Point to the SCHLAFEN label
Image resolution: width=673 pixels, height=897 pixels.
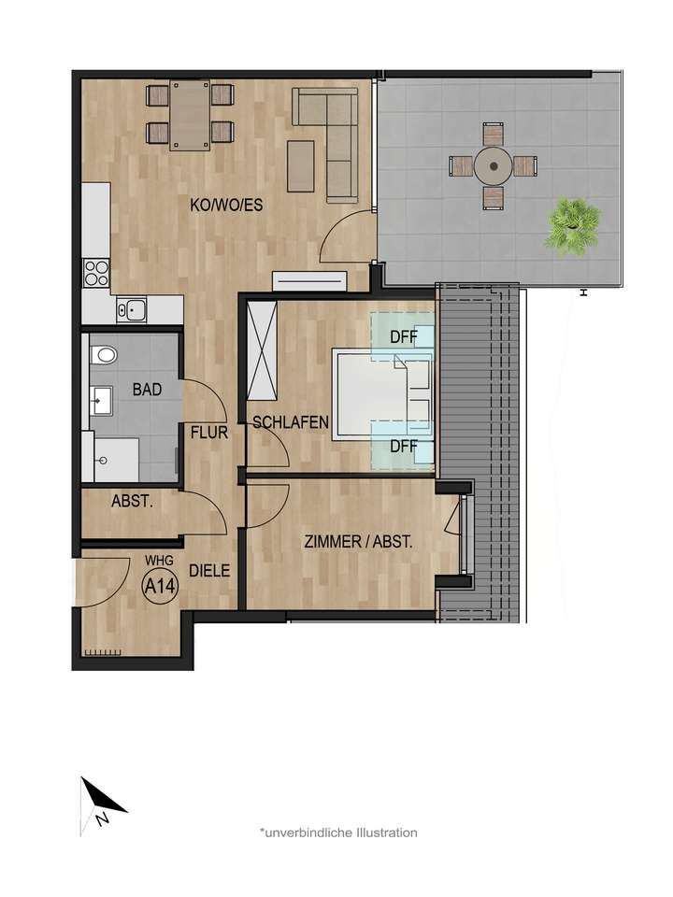[x=291, y=422]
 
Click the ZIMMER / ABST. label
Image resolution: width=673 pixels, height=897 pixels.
[x=358, y=541]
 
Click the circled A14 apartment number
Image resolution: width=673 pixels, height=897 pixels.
[x=158, y=587]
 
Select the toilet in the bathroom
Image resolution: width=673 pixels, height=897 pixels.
[x=103, y=354]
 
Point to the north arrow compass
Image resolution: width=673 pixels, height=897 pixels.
[x=101, y=804]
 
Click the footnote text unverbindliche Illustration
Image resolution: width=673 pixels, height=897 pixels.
[x=338, y=832]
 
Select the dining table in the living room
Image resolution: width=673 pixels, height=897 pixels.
[x=191, y=115]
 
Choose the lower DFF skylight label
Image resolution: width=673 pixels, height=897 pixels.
[x=403, y=446]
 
